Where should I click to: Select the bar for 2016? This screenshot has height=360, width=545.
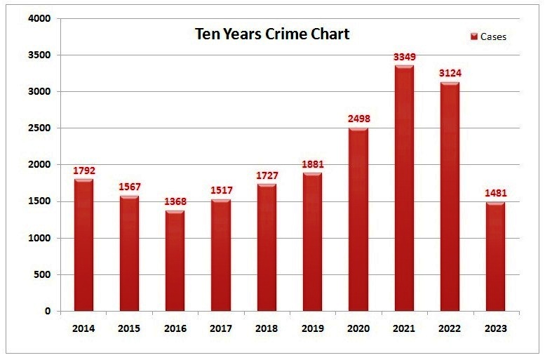[175, 260]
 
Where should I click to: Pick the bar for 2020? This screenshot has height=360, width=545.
[358, 219]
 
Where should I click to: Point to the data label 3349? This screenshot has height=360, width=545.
[404, 56]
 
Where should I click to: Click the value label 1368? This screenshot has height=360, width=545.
[175, 201]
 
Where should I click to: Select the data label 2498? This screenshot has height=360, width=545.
[358, 119]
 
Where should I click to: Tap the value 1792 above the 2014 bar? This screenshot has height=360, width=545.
[83, 170]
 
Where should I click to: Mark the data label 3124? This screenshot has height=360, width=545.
[450, 73]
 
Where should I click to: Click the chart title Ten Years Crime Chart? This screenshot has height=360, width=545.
[272, 34]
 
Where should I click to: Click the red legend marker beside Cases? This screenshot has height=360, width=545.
[474, 36]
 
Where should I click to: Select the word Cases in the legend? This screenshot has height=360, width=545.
[493, 36]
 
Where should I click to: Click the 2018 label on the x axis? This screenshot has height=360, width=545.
[267, 328]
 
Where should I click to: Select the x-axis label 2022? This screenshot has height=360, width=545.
[450, 328]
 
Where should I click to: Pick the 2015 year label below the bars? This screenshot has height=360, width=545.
[129, 328]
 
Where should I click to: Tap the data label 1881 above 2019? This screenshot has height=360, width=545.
[312, 164]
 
